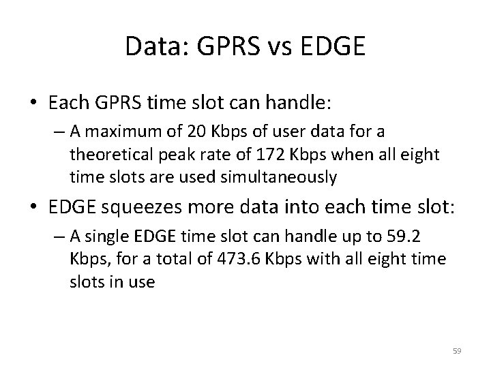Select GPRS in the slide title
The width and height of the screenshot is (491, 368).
pos(220,46)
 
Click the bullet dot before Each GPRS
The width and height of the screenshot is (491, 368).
pos(35,104)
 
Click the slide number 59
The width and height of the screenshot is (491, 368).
pos(457,351)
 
